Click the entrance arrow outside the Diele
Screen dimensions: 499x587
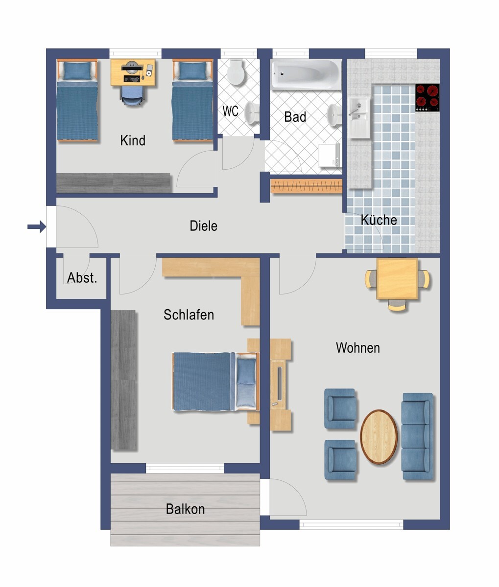pyautogui.click(x=37, y=226)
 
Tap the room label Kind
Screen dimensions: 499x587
pyautogui.click(x=133, y=140)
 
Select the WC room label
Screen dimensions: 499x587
pyautogui.click(x=231, y=111)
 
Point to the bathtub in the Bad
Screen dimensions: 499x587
pyautogui.click(x=306, y=75)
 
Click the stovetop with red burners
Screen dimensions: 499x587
pyautogui.click(x=428, y=97)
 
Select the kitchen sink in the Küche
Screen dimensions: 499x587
pyautogui.click(x=359, y=117)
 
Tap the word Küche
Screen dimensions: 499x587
pyautogui.click(x=379, y=220)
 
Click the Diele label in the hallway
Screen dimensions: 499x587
pyautogui.click(x=204, y=226)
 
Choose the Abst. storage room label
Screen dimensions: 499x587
pyautogui.click(x=82, y=277)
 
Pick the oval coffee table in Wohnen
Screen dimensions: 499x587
pyautogui.click(x=379, y=436)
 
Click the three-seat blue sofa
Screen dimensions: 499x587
pyautogui.click(x=417, y=436)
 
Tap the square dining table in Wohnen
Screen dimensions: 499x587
pyautogui.click(x=397, y=279)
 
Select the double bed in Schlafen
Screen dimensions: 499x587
pyautogui.click(x=216, y=382)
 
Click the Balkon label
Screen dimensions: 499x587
pyautogui.click(x=186, y=509)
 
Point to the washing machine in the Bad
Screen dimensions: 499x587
pyautogui.click(x=329, y=156)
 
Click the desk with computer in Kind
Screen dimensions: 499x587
pyautogui.click(x=133, y=72)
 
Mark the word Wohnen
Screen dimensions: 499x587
pyautogui.click(x=357, y=348)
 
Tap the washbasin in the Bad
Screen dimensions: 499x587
pyautogui.click(x=334, y=115)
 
